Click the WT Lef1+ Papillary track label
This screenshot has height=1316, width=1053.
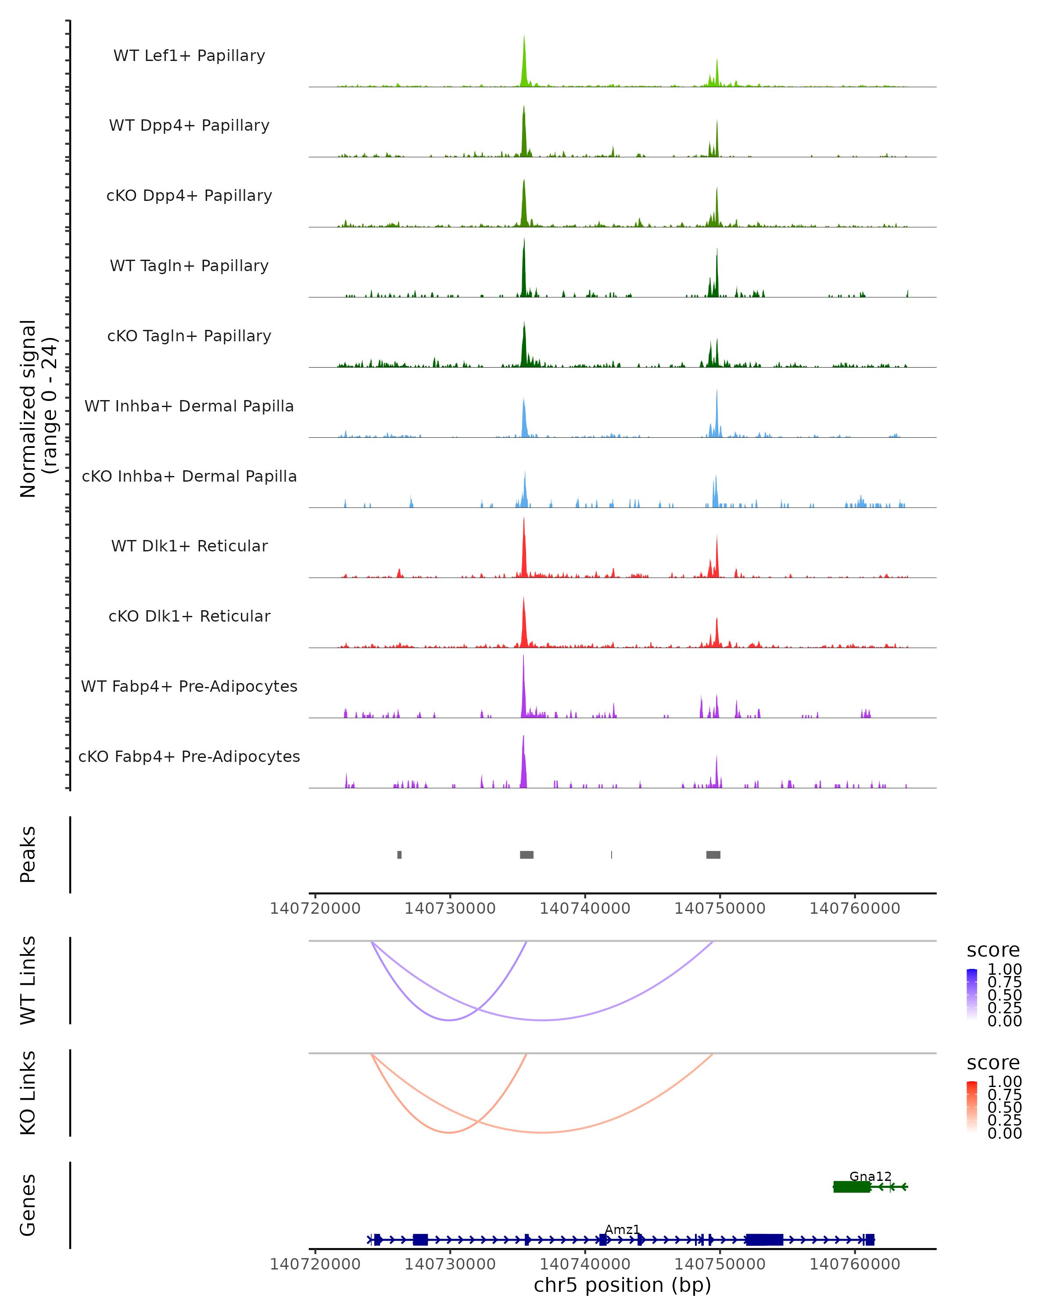pyautogui.click(x=189, y=56)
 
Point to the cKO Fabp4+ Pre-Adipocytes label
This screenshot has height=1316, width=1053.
pyautogui.click(x=189, y=756)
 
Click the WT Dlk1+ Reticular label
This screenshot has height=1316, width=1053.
pyautogui.click(x=189, y=546)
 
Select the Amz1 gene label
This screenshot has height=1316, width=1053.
pyautogui.click(x=622, y=1229)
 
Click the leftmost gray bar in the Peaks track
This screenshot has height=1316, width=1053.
pyautogui.click(x=399, y=855)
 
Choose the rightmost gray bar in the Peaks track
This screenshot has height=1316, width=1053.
pyautogui.click(x=713, y=855)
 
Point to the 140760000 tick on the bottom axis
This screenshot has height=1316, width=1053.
pyautogui.click(x=855, y=1264)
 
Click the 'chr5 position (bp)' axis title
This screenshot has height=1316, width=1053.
pyautogui.click(x=622, y=1285)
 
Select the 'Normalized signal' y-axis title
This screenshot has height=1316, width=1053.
pyautogui.click(x=28, y=408)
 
